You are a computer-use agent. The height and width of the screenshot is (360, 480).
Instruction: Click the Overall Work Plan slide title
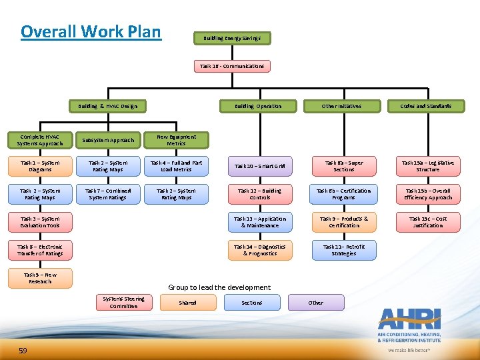pos(91,31)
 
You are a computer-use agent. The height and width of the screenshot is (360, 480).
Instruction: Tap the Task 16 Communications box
pos(233,66)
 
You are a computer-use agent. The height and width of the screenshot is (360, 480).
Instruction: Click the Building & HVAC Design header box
pos(107,106)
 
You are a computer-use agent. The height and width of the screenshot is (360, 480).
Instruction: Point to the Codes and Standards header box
pos(425,106)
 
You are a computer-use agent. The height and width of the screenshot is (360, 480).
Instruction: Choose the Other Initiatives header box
pos(341,106)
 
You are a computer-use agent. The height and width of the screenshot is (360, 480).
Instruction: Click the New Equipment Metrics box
pos(176,140)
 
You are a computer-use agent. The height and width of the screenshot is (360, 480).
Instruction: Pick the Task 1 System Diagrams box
pos(40,166)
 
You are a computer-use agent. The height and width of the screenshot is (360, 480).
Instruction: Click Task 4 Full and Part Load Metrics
pos(176,166)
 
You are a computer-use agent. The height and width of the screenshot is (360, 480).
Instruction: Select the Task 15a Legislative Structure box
pos(427,166)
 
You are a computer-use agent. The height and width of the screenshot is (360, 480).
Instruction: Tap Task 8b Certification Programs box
pos(344,194)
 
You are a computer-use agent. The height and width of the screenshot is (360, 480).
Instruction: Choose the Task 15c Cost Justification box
pos(427,222)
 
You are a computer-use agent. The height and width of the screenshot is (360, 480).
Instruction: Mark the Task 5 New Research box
pos(40,278)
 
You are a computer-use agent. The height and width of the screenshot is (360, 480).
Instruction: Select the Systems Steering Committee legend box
pos(123,303)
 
